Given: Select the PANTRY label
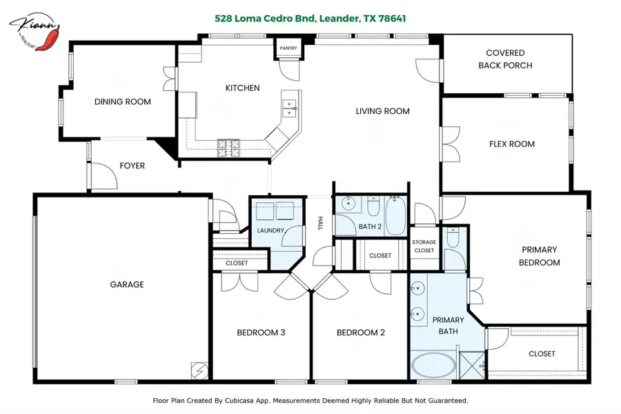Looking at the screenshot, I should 288,48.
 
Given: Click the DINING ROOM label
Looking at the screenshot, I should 122,102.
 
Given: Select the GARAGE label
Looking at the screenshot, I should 127,284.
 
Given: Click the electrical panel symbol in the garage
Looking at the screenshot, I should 199,371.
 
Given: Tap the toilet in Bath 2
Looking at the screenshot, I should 373,207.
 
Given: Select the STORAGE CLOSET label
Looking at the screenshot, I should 424,246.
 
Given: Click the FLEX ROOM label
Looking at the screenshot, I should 511,144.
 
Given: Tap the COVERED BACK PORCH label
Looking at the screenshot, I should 505,59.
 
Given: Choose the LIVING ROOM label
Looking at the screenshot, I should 382,111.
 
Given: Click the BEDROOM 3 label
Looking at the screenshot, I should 261,333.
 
